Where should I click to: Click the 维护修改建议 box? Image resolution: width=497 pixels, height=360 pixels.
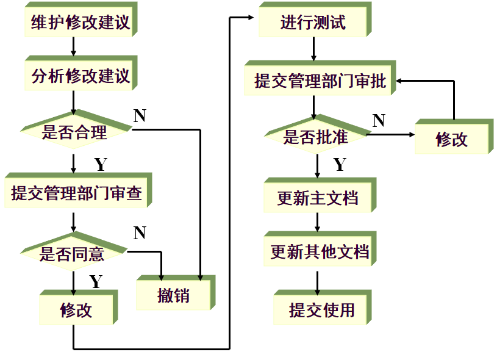[80, 23]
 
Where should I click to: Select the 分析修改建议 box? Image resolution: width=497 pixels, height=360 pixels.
[80, 76]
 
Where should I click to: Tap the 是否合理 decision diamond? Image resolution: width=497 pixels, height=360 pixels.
[74, 132]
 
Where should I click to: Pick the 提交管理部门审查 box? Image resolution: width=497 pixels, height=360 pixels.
[76, 193]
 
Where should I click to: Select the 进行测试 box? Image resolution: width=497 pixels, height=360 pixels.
[313, 23]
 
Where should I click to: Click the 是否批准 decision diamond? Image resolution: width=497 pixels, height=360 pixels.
[315, 136]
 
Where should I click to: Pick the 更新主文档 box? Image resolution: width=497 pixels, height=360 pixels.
[318, 198]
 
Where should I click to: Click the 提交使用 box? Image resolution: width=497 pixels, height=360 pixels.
[321, 309]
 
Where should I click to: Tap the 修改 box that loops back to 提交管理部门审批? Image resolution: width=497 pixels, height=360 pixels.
[451, 139]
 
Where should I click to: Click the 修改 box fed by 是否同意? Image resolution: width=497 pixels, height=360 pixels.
[76, 309]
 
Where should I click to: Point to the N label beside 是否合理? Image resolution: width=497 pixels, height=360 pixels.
[140, 115]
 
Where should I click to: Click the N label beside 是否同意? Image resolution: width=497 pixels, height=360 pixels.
[140, 232]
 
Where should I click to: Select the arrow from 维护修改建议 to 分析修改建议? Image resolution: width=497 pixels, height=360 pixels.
[73, 46]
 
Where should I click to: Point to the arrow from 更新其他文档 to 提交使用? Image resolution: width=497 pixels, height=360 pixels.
[317, 280]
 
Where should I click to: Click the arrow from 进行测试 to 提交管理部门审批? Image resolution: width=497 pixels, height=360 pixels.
[313, 49]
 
